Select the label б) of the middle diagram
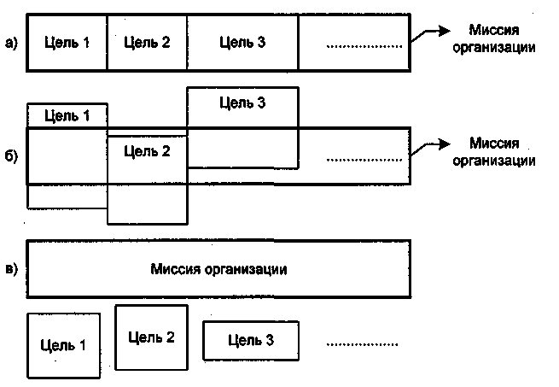(11, 158)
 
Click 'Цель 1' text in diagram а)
(67, 42)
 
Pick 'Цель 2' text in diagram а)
(147, 42)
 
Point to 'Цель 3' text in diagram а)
(242, 42)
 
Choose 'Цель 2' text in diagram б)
(147, 152)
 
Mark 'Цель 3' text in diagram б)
(242, 103)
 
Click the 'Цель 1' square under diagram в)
(64, 345)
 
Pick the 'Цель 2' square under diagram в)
(151, 337)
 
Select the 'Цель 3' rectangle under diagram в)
(251, 340)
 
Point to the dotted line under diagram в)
(362, 345)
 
